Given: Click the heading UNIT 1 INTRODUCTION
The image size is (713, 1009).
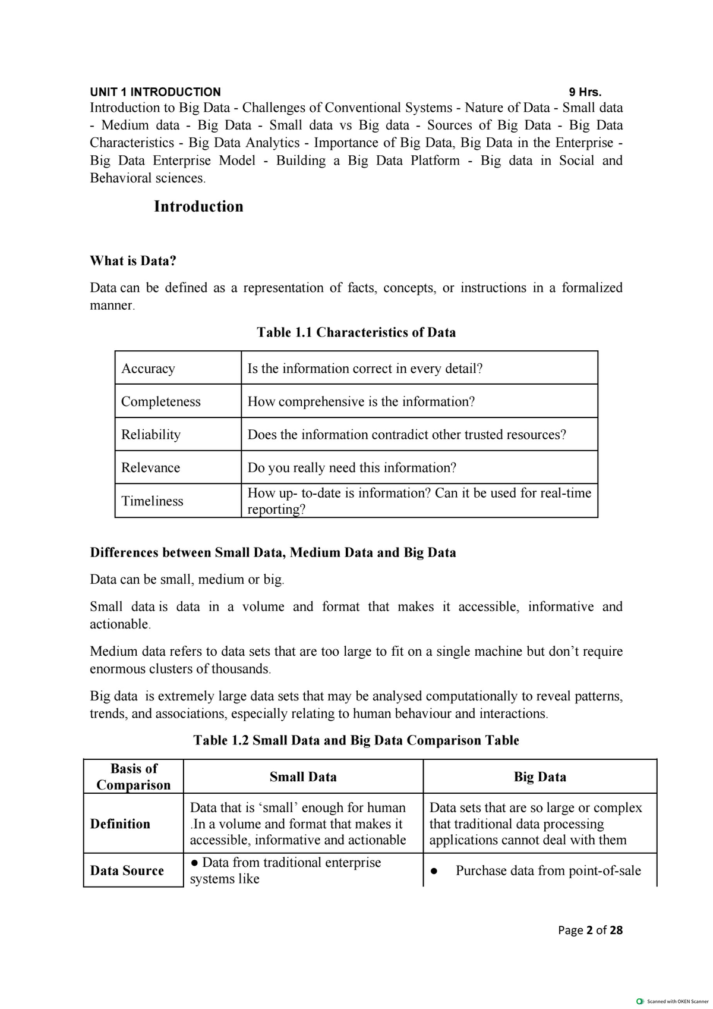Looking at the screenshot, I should coord(155,92).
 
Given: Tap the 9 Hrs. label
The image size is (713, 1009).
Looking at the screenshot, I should coord(585,92).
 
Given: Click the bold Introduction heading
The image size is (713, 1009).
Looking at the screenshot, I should coord(198,206).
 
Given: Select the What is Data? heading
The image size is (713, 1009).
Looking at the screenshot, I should coord(133,260).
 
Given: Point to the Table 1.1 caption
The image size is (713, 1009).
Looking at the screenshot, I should coord(356,332).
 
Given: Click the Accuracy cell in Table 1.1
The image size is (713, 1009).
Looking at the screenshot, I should coord(149,369).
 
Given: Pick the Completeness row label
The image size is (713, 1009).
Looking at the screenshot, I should coord(161,401).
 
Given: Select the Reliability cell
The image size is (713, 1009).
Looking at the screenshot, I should coord(151,435).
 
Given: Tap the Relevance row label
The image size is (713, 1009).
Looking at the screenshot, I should coord(151,468).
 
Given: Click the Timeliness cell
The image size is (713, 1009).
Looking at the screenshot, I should coord(153,501).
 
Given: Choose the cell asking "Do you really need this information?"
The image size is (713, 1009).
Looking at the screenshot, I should coord(352,468).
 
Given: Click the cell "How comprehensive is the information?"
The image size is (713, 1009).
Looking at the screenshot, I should coord(361,401).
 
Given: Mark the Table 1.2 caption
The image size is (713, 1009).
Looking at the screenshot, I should coord(356,740).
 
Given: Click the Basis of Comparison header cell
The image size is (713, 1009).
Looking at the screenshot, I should coord(134,777).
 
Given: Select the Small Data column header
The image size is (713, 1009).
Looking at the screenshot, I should coord(303,777).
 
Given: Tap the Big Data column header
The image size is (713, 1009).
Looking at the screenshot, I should coord(540,777).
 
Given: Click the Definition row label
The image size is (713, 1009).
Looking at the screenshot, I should coord(121,824).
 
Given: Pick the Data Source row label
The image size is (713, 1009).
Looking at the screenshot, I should coord(127,870).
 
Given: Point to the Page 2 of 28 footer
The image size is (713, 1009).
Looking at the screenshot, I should coord(590,930).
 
